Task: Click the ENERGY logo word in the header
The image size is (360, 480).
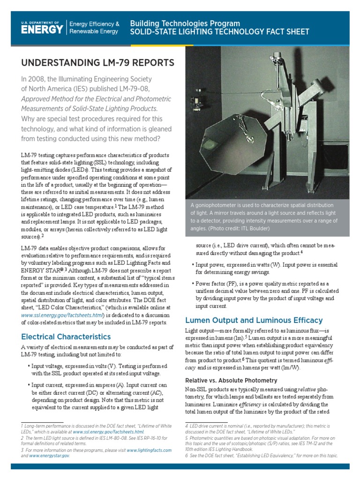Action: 42,30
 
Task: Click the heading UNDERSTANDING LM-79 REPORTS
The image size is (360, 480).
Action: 98,63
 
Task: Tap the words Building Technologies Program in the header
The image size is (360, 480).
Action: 185,23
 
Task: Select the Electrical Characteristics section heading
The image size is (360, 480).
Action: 66,337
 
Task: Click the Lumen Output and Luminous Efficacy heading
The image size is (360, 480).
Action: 254,320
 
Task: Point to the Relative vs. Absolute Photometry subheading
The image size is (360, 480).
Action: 231,380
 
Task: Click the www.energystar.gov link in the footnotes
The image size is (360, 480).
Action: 49,455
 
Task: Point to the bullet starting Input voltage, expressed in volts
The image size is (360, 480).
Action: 96,369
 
